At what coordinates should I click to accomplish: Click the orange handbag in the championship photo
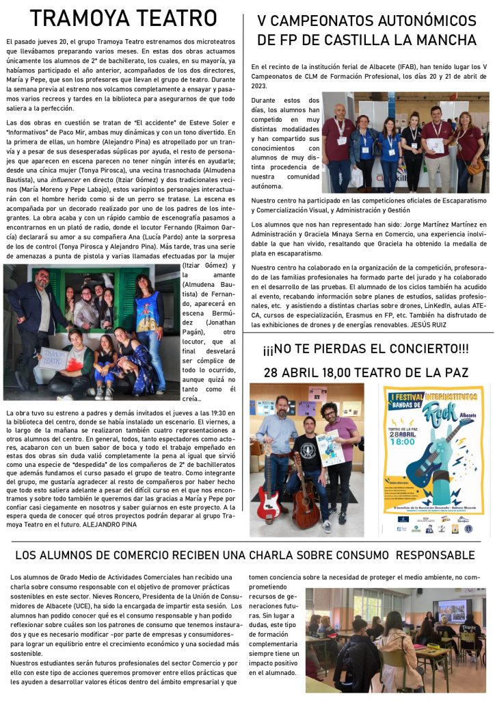[x=475, y=166]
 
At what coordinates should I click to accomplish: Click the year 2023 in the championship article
[x=260, y=86]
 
